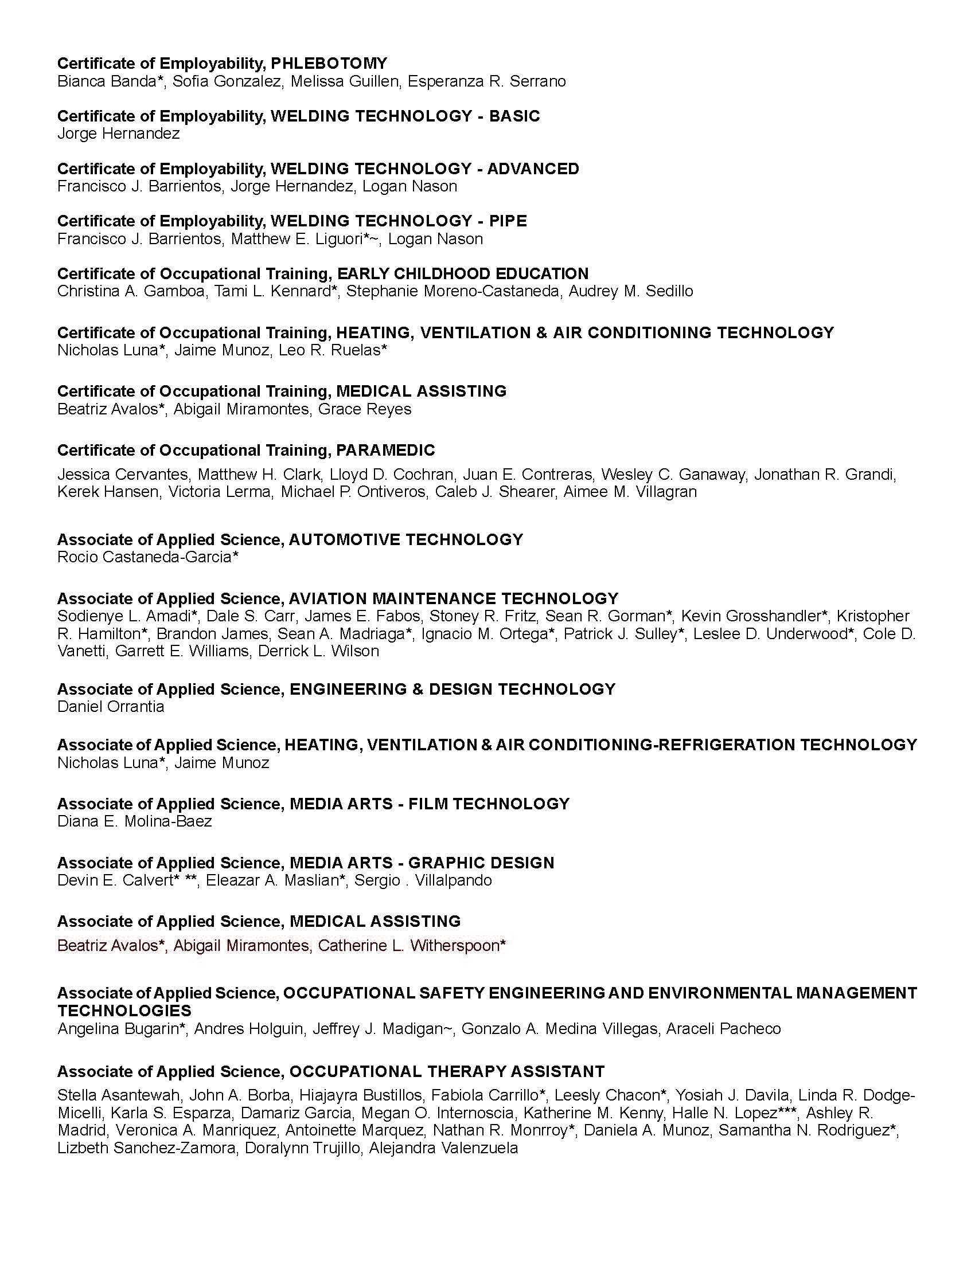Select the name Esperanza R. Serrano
pos(486,81)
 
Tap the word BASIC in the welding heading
pos(514,116)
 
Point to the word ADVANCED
pos(533,169)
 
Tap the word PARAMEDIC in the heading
pos(385,451)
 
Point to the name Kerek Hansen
pos(108,492)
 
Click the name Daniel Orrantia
pos(111,707)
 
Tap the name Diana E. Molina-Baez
pos(135,821)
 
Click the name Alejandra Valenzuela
pos(443,1148)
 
